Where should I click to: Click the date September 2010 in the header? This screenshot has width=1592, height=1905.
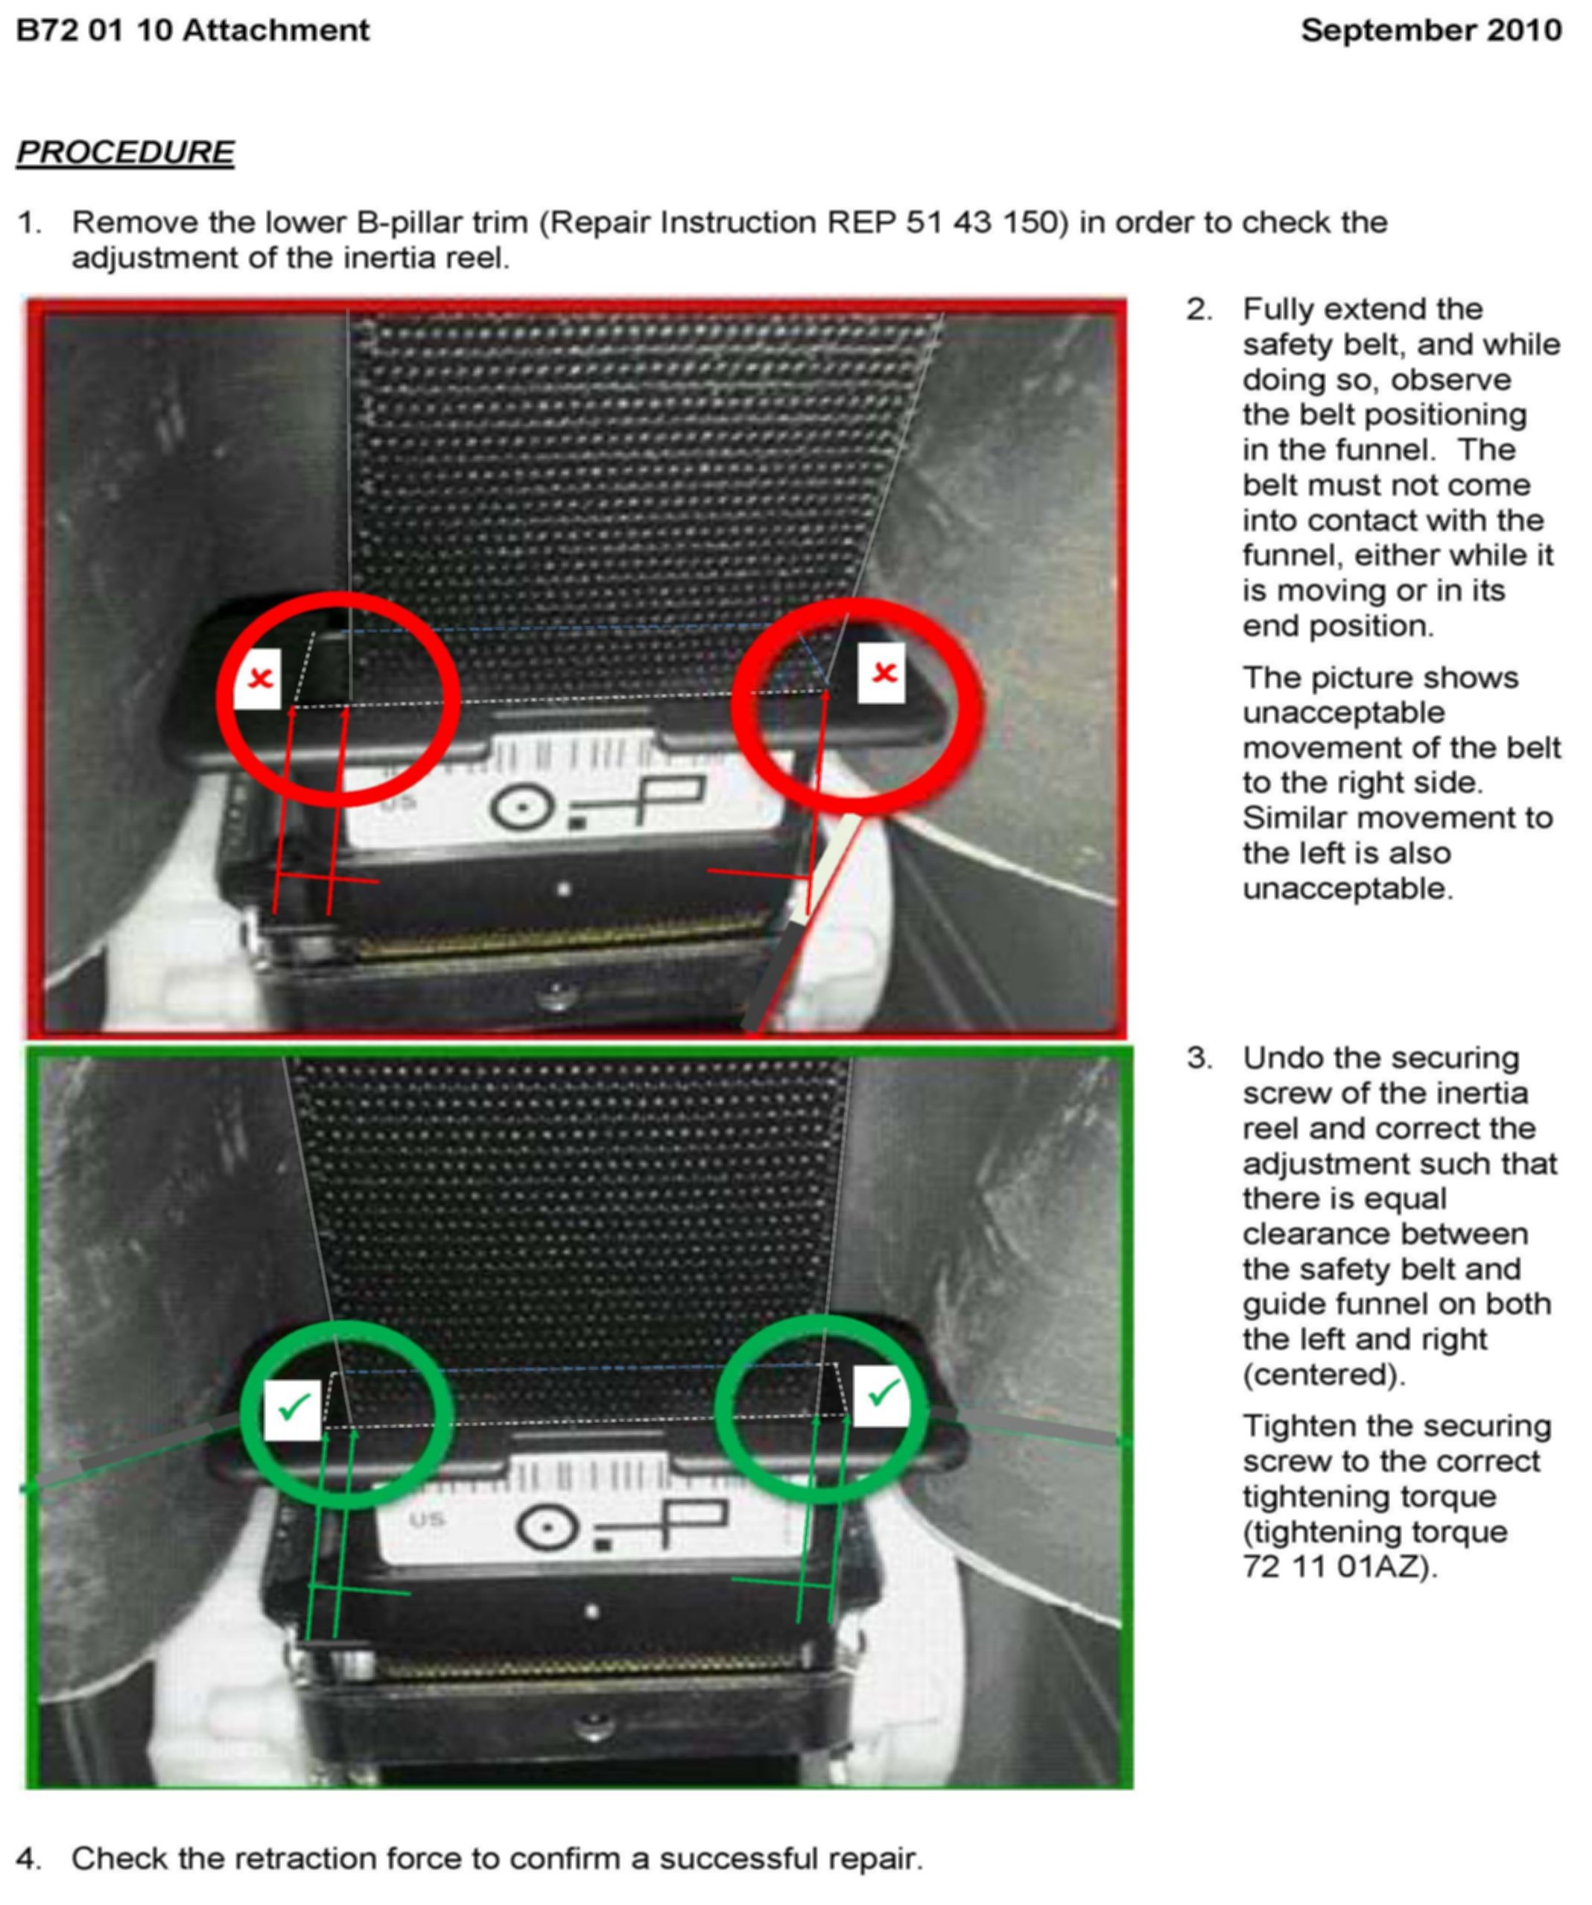1431,31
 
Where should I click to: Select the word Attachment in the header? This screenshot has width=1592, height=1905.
276,31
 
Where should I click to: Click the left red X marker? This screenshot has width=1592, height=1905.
259,678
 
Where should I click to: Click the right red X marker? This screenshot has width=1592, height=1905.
882,672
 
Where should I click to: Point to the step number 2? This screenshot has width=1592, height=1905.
1199,309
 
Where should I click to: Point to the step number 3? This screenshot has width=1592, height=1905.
1199,1058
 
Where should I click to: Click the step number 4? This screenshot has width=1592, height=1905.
28,1859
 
